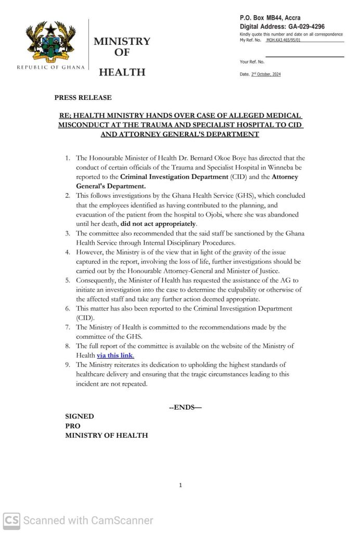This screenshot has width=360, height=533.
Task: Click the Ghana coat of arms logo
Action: click(50, 41)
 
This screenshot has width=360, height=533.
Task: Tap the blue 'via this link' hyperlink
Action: click(115, 356)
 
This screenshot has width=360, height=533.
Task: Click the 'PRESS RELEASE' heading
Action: click(83, 97)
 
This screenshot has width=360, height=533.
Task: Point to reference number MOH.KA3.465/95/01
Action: click(284, 40)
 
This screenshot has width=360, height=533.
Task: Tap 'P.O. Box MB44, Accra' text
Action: click(269, 18)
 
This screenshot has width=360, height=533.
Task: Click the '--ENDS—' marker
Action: click(185, 407)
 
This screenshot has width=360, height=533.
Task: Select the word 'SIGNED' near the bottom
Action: click(79, 416)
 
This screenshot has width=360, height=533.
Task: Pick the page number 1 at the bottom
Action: click(180, 485)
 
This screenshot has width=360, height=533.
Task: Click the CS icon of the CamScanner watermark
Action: click(11, 520)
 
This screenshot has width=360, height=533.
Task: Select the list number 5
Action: click(68, 281)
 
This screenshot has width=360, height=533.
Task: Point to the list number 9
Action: click(68, 365)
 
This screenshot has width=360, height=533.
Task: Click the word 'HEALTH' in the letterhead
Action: click(122, 72)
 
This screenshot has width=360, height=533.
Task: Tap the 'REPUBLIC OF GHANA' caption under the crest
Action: click(50, 68)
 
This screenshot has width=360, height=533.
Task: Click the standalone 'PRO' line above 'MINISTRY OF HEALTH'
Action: click(73, 426)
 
